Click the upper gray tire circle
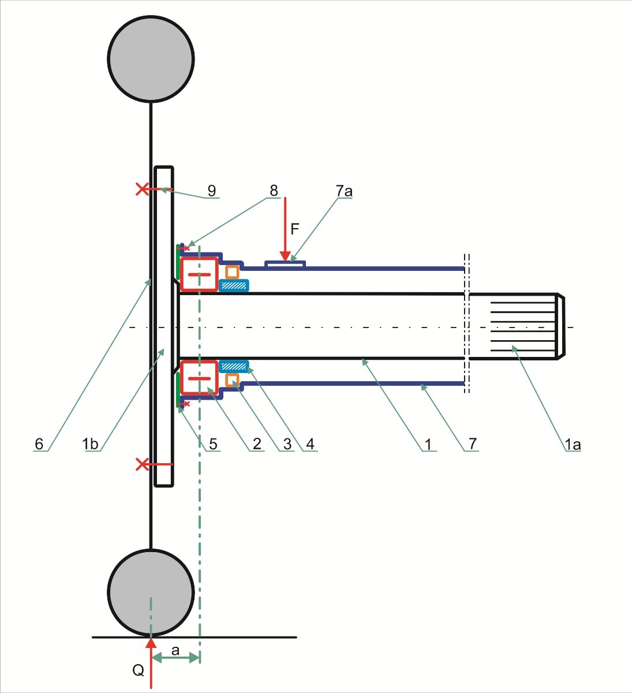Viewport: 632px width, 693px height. click(x=151, y=59)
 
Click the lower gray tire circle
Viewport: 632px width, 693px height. click(x=151, y=593)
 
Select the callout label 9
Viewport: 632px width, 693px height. click(x=212, y=191)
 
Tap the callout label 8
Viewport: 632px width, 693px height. click(x=274, y=191)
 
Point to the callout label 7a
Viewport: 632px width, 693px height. click(x=344, y=191)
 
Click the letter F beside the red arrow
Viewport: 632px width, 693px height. click(x=294, y=229)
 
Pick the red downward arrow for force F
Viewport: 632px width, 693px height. click(x=285, y=229)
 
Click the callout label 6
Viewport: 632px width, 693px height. click(x=39, y=444)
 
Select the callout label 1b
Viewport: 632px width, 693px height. click(x=90, y=444)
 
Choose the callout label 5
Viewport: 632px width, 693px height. click(x=213, y=444)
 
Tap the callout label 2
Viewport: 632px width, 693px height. click(x=257, y=444)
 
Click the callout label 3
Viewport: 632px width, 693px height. click(x=287, y=444)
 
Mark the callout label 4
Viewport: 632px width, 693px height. click(x=310, y=444)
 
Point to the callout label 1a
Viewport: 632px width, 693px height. click(x=573, y=445)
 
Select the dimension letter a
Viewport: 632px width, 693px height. click(x=175, y=651)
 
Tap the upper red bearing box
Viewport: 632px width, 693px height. click(x=199, y=275)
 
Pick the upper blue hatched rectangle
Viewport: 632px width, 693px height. click(x=234, y=285)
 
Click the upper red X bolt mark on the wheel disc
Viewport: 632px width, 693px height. click(x=142, y=189)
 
